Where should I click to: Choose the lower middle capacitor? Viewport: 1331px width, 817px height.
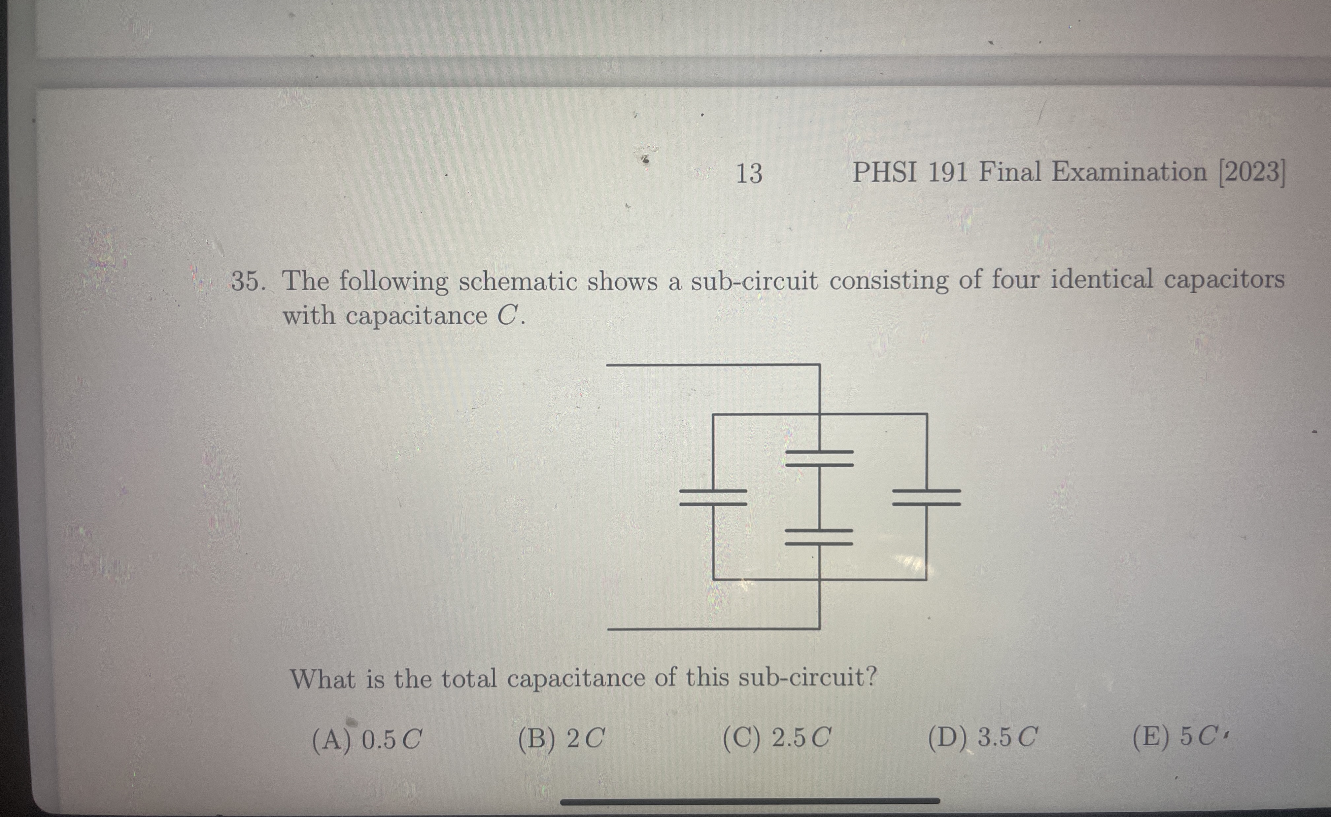[819, 537]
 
